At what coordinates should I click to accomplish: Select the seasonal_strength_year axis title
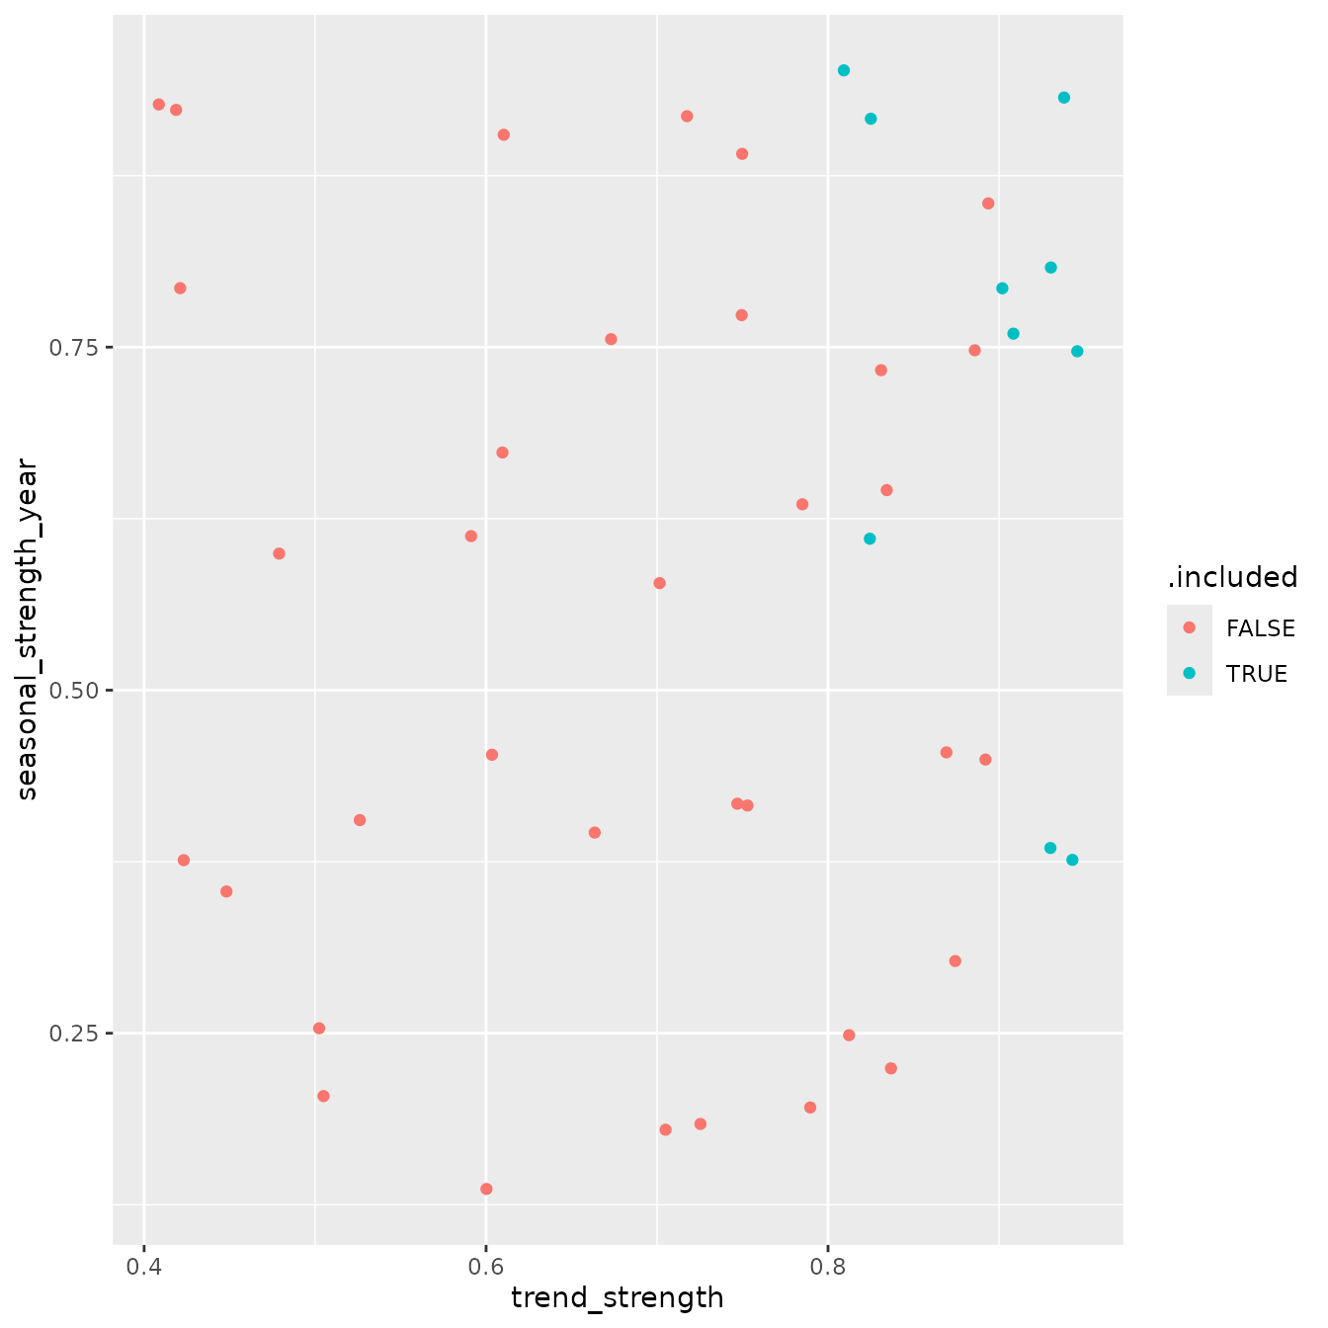pyautogui.click(x=27, y=628)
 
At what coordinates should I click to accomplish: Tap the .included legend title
pyautogui.click(x=1232, y=577)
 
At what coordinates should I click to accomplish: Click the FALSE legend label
pyautogui.click(x=1261, y=628)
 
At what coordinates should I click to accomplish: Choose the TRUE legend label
pyautogui.click(x=1256, y=674)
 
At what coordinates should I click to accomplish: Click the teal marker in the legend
pyautogui.click(x=1189, y=673)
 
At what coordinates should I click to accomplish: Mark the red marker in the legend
pyautogui.click(x=1189, y=627)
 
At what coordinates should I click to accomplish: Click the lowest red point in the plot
pyautogui.click(x=486, y=1189)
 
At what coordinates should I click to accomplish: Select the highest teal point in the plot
pyautogui.click(x=844, y=70)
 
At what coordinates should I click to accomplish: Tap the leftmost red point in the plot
pyautogui.click(x=158, y=105)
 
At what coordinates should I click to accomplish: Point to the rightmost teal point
pyautogui.click(x=1077, y=352)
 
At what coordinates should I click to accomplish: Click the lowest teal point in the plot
pyautogui.click(x=1072, y=860)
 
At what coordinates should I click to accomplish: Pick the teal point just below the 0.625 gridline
pyautogui.click(x=870, y=539)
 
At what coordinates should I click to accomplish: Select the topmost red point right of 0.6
pyautogui.click(x=687, y=117)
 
